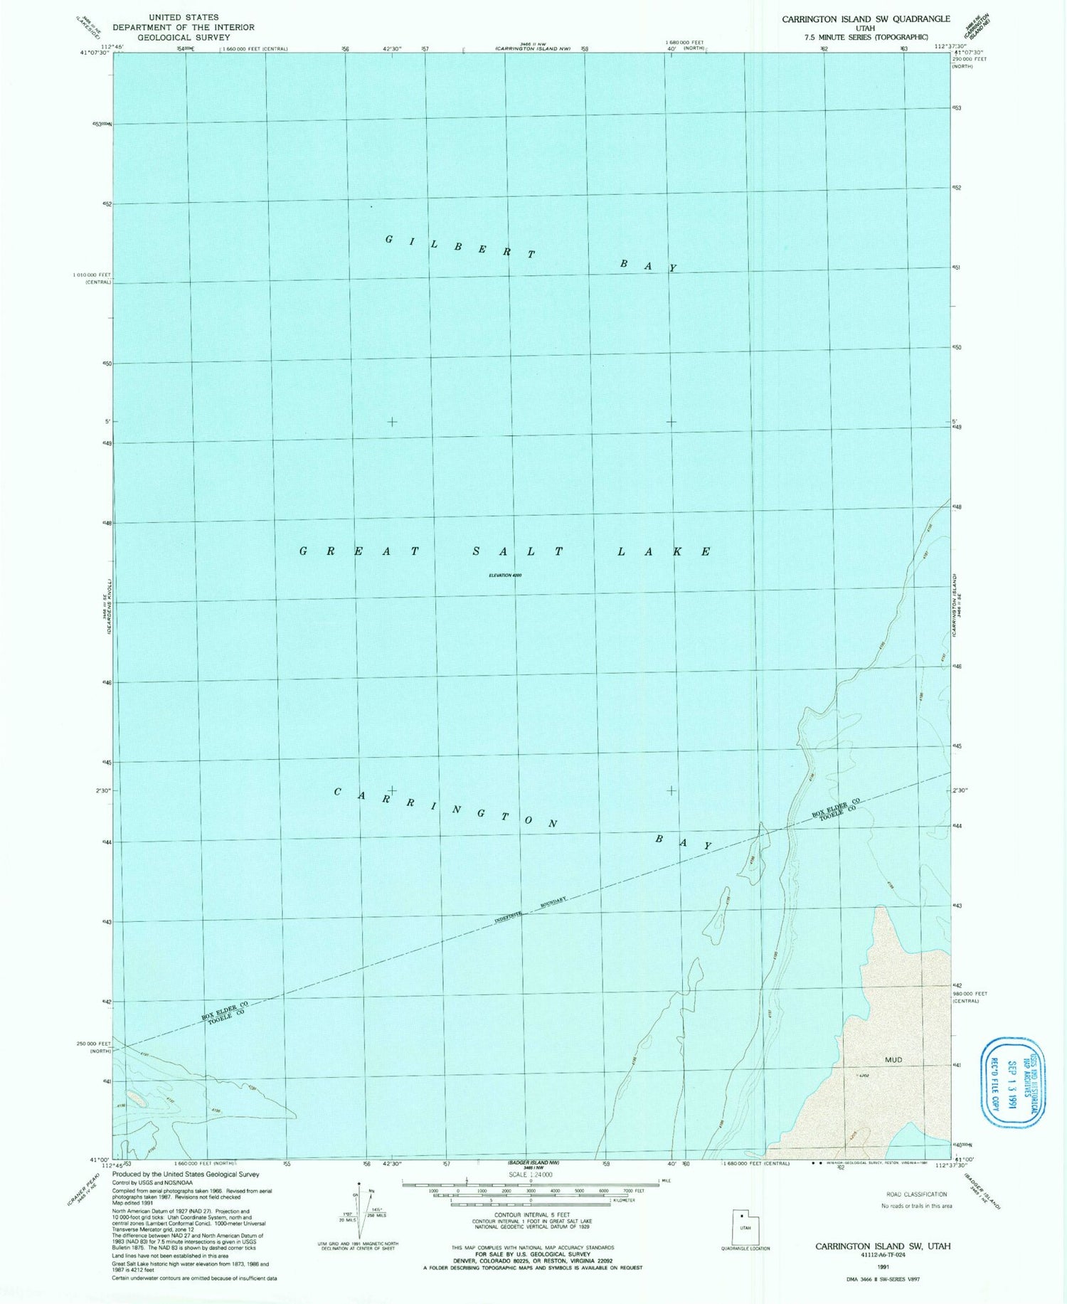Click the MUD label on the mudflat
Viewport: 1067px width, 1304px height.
[893, 1060]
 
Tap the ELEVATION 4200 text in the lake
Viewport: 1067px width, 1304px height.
[505, 575]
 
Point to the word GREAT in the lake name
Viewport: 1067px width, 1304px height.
[359, 551]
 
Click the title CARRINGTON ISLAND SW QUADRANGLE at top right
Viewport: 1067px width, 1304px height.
[866, 19]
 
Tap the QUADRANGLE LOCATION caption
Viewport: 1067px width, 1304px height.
[745, 1249]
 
